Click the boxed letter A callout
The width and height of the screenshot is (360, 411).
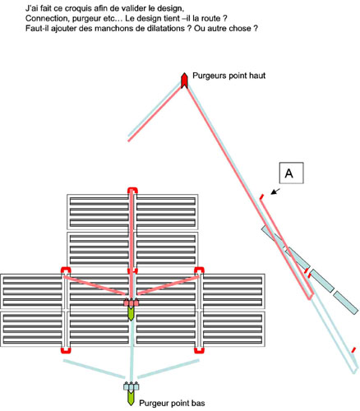(x=291, y=173)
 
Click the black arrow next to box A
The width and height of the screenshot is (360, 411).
(x=275, y=192)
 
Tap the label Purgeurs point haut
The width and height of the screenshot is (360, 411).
(x=228, y=76)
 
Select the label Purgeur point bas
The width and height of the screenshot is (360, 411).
(x=172, y=403)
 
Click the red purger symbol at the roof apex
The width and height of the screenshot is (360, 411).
(x=185, y=81)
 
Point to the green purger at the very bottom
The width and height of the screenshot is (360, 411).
(x=131, y=398)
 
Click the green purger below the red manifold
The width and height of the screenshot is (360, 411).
(x=131, y=314)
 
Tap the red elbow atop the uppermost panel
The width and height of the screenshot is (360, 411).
(x=133, y=190)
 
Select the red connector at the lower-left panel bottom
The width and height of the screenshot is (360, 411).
(x=66, y=350)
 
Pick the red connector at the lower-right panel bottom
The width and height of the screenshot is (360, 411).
(x=199, y=350)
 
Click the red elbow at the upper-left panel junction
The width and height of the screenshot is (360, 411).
(x=66, y=270)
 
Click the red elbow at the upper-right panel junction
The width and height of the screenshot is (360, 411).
(x=199, y=270)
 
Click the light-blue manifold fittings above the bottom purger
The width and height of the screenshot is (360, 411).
(x=131, y=386)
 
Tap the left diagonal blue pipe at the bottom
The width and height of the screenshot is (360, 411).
(x=94, y=369)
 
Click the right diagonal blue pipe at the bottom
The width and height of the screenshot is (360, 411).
(x=168, y=369)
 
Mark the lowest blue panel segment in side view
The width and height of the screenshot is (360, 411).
(x=346, y=302)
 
